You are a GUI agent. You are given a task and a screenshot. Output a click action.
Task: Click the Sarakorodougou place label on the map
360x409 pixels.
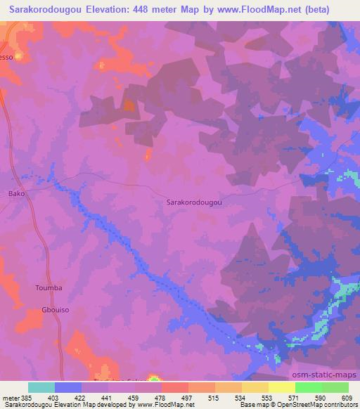194,202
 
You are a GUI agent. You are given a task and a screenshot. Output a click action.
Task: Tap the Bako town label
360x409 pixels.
16,193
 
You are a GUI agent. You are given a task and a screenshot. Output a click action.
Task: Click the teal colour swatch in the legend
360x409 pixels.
41,387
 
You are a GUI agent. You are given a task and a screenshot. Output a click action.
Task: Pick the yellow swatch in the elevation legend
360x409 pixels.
282,387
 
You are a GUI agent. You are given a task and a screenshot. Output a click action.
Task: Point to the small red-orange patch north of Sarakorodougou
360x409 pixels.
129,105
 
